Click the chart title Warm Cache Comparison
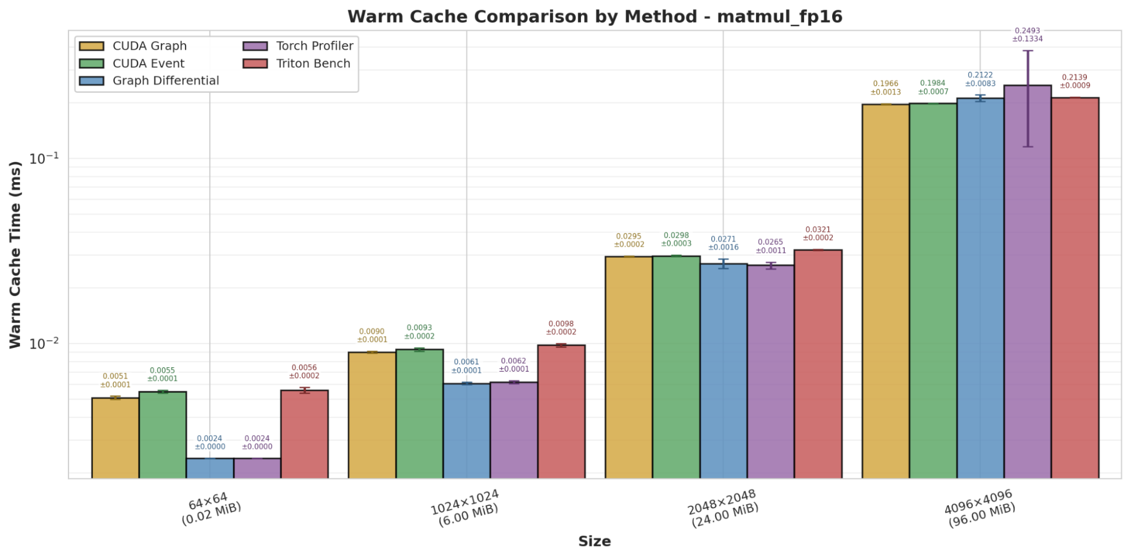tap(595, 17)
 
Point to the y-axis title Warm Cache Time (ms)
tap(15, 255)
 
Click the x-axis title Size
tap(594, 541)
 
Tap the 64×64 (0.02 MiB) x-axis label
tap(210, 508)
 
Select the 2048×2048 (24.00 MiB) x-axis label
tap(724, 508)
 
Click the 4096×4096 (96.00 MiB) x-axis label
tap(981, 508)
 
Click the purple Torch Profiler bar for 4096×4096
tap(1027, 283)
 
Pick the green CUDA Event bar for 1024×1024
tap(419, 414)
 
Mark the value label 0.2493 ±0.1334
tap(1027, 35)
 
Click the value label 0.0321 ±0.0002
tap(818, 234)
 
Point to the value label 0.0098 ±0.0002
tap(561, 328)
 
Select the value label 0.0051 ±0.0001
tap(115, 380)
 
